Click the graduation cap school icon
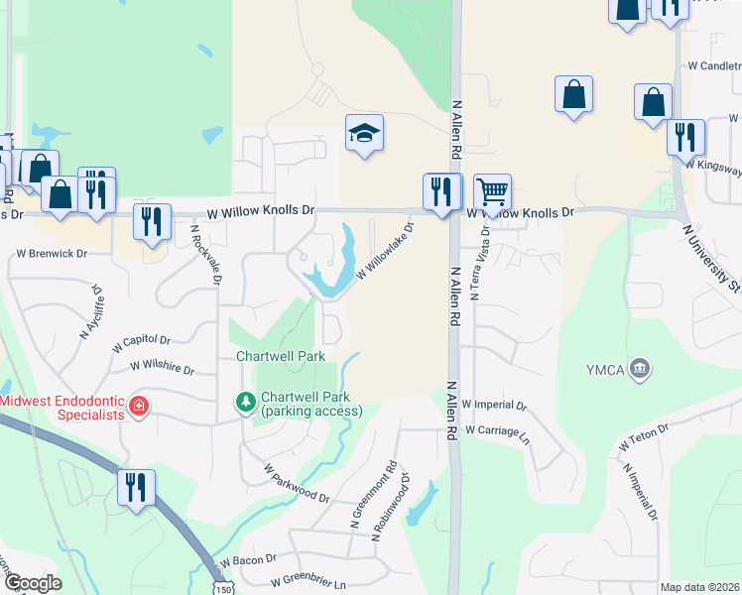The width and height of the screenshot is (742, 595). pyautogui.click(x=364, y=133)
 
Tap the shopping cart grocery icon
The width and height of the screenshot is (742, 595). pyautogui.click(x=492, y=190)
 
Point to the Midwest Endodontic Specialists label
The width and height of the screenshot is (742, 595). pyautogui.click(x=62, y=408)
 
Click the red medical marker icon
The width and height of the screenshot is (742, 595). pyautogui.click(x=140, y=405)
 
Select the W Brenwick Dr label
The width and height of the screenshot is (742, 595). pyautogui.click(x=52, y=254)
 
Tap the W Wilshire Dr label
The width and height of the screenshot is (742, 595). pyautogui.click(x=162, y=368)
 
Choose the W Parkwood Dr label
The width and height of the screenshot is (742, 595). pyautogui.click(x=296, y=482)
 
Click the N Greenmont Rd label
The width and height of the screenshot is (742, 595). pyautogui.click(x=359, y=493)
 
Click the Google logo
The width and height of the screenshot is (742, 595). pyautogui.click(x=32, y=583)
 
